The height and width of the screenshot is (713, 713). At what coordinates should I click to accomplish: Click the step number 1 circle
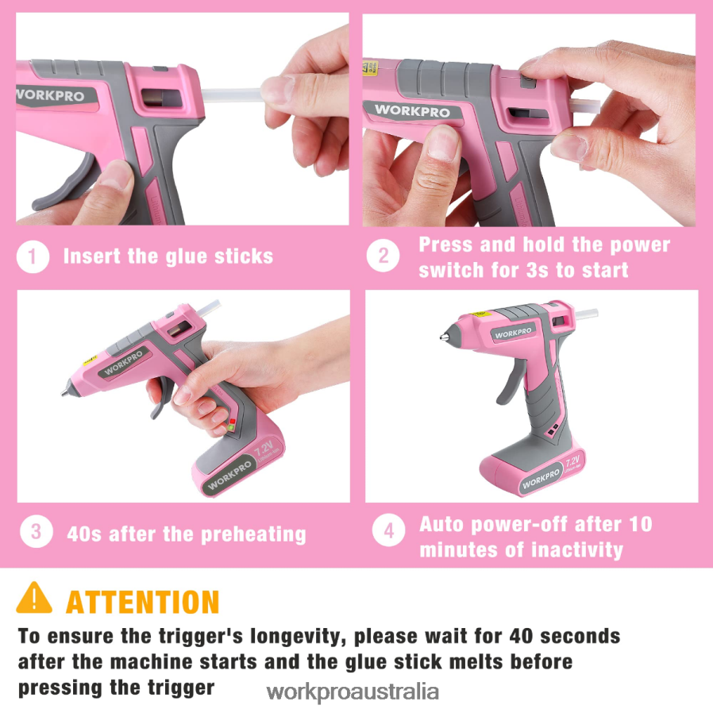33,256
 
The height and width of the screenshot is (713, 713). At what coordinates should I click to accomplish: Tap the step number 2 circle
383,256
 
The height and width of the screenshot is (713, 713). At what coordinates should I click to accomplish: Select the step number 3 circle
36,532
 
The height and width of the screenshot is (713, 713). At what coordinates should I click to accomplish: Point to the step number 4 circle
388,532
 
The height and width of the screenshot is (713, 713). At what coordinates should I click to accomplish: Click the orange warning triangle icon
34,599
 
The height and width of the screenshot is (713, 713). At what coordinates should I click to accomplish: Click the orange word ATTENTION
142,603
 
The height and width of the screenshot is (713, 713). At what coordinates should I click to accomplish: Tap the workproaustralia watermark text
353,691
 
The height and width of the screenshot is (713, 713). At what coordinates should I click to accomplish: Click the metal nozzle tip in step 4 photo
443,337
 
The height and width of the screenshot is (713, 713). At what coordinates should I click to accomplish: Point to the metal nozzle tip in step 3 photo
65,392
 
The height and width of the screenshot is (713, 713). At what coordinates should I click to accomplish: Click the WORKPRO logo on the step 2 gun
411,110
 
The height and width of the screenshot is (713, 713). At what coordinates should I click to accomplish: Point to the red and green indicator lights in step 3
232,424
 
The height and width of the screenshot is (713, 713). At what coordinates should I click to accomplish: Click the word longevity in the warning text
296,636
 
